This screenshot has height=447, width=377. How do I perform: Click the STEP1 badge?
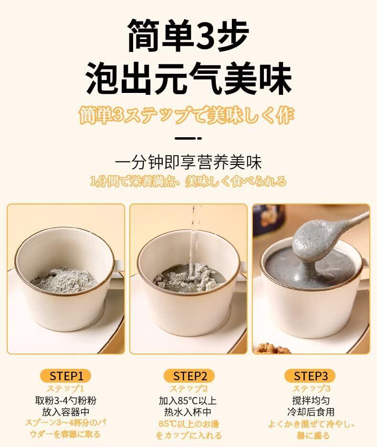66,376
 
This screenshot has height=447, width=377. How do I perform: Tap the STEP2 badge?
189,376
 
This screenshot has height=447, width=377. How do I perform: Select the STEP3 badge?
310,376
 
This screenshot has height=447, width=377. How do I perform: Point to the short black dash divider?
188,138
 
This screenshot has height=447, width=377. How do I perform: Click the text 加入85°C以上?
188,400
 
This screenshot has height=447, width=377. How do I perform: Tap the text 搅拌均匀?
311,400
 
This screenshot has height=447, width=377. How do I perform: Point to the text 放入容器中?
66,412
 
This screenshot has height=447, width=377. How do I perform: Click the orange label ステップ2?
189,388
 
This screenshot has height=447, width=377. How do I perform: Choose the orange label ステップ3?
311,388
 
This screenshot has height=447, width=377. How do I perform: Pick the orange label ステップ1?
65,388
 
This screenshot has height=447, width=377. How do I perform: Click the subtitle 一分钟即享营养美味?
188,163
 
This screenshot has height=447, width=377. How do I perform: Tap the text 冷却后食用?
311,412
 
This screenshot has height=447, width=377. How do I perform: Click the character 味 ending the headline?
274,78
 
